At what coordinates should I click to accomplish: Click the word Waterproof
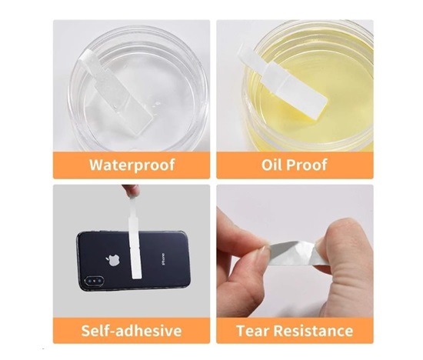point(132,165)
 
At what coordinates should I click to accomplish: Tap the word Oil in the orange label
point(271,165)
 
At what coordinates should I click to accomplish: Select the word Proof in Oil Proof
point(307,165)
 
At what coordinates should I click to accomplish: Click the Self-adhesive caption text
point(132,330)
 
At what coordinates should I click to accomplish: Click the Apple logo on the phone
point(113,259)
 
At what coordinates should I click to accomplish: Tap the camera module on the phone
point(94,281)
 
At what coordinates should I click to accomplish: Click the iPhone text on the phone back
point(163,258)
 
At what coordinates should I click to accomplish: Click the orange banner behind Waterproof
point(132,165)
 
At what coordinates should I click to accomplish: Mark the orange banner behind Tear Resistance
point(295,331)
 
